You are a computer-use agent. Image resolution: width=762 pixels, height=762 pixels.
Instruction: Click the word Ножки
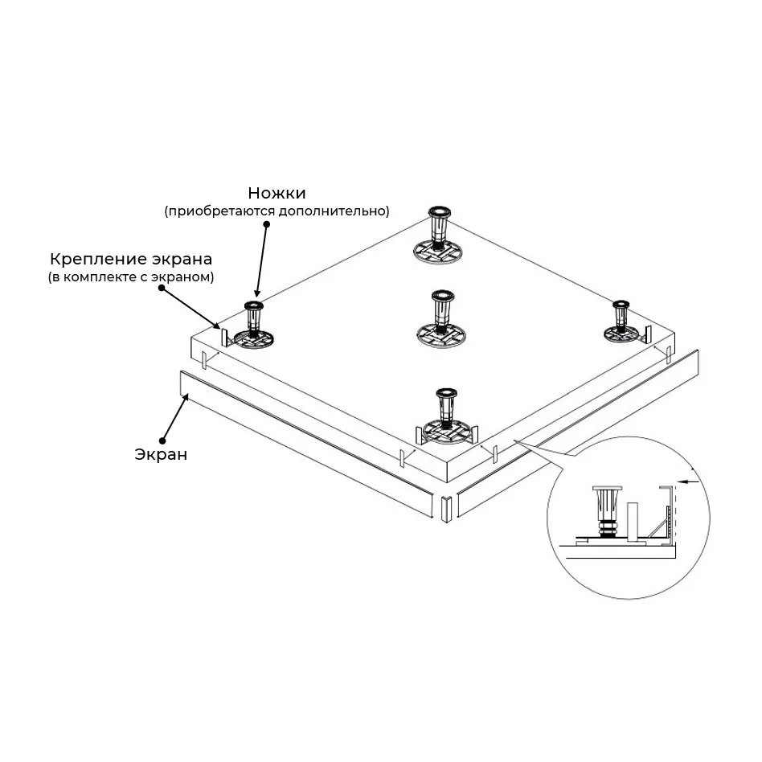point(277,193)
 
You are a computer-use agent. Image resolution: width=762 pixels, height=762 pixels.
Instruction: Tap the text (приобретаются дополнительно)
point(277,211)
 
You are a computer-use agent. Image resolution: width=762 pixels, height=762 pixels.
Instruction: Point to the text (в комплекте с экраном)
point(130,277)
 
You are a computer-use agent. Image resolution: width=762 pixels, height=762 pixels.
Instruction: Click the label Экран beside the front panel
point(161,454)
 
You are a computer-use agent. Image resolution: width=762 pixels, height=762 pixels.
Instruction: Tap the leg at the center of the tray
point(440,317)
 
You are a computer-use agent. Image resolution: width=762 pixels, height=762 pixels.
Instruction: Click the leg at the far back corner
point(439,232)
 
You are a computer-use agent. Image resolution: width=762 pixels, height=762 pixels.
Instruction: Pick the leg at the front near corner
point(444,414)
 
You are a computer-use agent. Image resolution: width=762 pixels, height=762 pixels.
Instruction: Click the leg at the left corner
point(254,326)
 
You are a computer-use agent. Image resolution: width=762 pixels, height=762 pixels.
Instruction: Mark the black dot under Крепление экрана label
point(162,289)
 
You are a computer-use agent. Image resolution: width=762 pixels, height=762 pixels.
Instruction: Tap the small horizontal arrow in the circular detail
point(683,482)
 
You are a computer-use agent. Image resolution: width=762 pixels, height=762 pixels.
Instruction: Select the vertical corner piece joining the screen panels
point(445,508)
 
